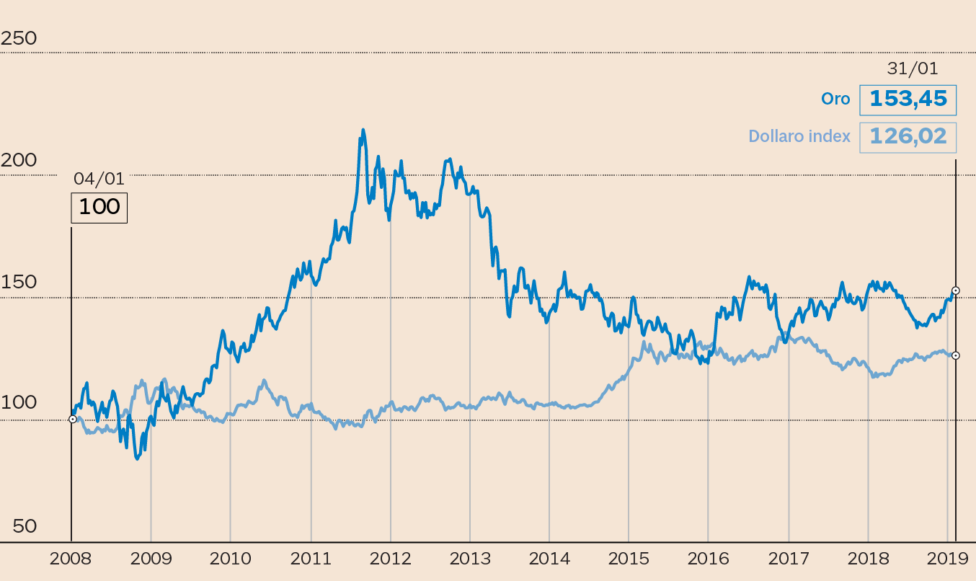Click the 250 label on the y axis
pos(19,39)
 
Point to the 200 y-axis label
pos(19,160)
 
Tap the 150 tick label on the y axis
pos(19,282)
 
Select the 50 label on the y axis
pos(24,526)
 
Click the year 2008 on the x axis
pos(71,559)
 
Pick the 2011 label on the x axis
pos(311,559)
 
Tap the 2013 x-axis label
pos(470,559)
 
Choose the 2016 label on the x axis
pos(708,559)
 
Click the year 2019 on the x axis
pos(946,559)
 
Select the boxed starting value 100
pos(99,208)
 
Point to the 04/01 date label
pos(99,179)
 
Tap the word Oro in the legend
pos(836,99)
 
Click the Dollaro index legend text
pos(799,136)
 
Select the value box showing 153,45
pos(908,99)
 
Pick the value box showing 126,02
pos(908,136)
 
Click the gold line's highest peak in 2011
pos(363,130)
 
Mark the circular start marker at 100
pos(72,419)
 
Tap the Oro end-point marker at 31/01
pos(956,290)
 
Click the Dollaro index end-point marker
pos(956,355)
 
